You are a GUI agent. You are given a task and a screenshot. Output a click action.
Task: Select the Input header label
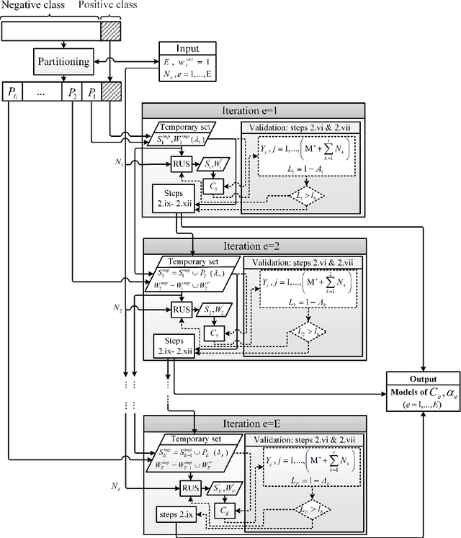(187, 48)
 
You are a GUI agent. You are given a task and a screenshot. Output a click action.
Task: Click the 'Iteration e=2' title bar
(255, 246)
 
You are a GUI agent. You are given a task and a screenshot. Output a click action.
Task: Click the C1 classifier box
(212, 186)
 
